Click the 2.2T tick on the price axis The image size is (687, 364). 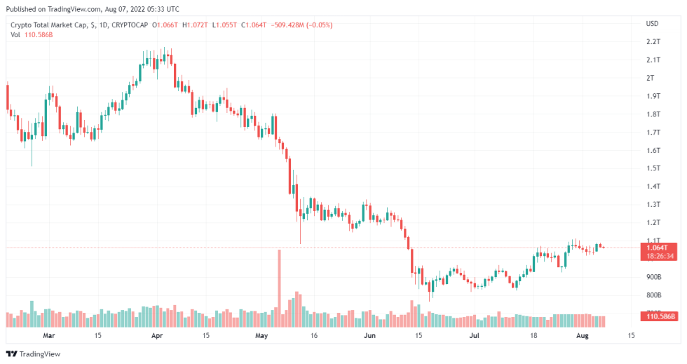[x=653, y=42]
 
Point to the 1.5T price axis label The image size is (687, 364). [x=653, y=168]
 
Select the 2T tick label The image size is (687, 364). [x=650, y=78]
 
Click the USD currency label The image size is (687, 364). [x=652, y=24]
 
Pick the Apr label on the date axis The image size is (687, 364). [x=157, y=336]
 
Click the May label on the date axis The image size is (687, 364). [x=261, y=336]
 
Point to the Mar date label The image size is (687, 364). [x=48, y=336]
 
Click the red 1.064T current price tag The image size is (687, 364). [x=659, y=247]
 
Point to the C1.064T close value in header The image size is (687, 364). [x=255, y=25]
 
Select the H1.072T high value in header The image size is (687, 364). [x=196, y=25]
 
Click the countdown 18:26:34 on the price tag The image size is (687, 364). [x=659, y=256]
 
